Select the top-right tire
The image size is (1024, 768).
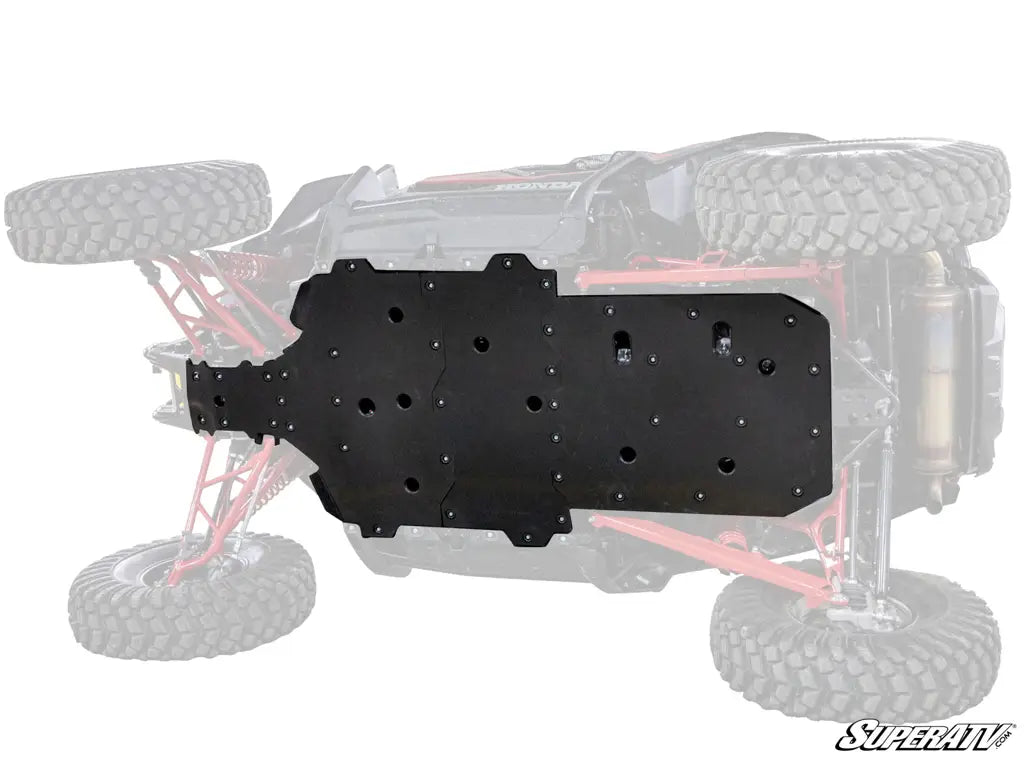[853, 197]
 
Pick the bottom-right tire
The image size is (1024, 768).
[854, 640]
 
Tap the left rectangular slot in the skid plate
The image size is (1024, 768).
[620, 344]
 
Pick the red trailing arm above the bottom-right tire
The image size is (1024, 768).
[700, 545]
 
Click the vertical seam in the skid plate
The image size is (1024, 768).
[440, 400]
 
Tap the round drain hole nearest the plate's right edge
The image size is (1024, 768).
[766, 366]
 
